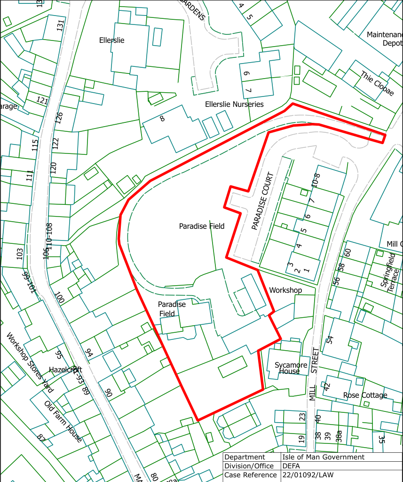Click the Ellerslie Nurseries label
click(234, 104)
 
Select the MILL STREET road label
click(314, 374)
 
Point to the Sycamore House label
click(291, 368)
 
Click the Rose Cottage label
click(365, 395)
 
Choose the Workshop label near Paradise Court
click(285, 290)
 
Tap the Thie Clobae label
click(377, 83)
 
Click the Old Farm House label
click(63, 421)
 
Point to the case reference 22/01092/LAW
click(308, 475)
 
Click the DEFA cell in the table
click(291, 466)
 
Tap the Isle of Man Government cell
click(323, 457)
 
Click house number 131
click(60, 25)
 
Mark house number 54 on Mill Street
click(330, 339)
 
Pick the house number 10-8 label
click(315, 181)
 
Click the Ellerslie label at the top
click(112, 40)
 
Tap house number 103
click(19, 254)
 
